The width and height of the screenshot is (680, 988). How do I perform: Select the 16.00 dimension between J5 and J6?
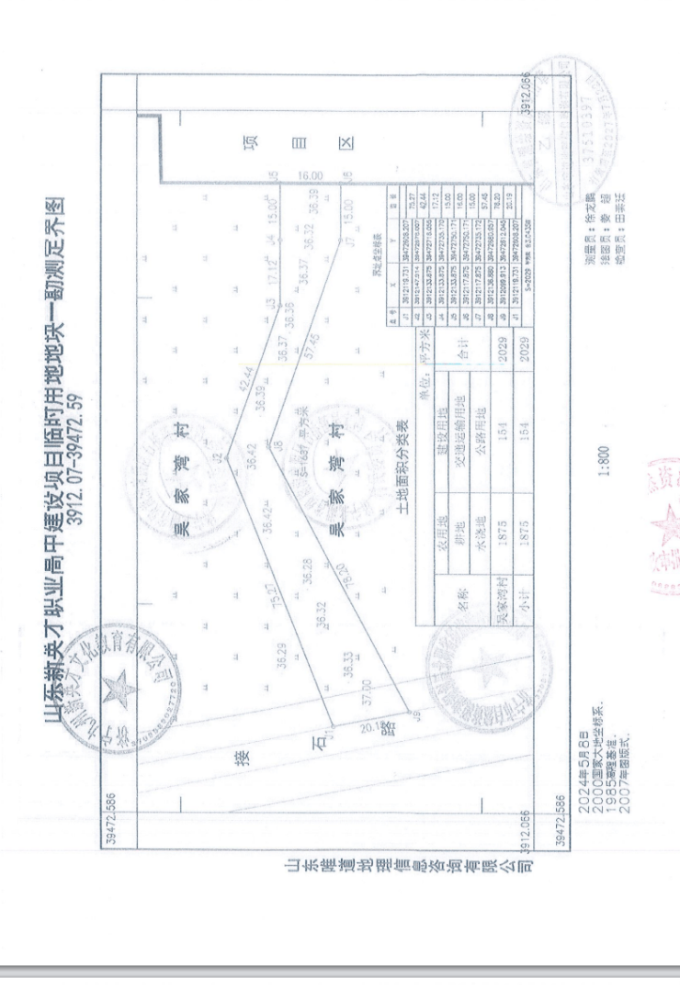coord(310,175)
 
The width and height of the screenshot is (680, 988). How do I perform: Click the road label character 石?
coord(321,747)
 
